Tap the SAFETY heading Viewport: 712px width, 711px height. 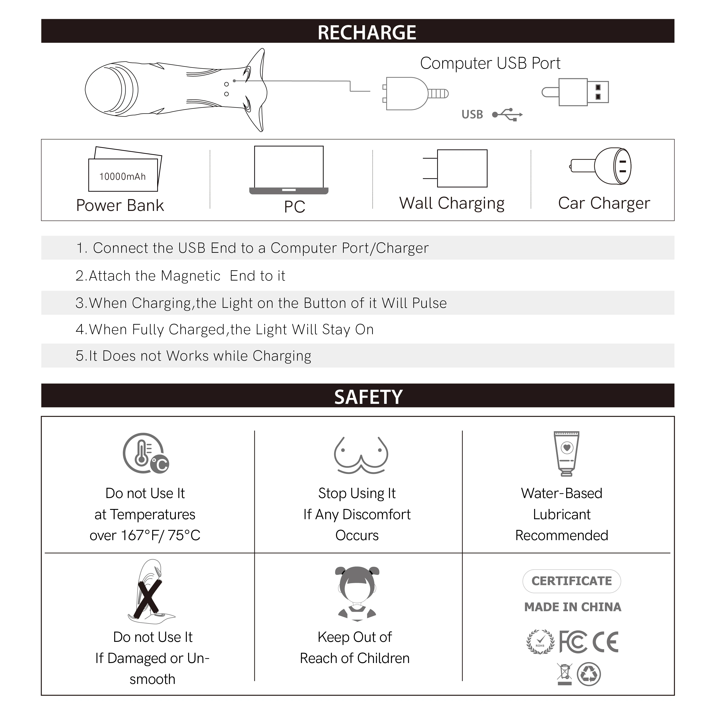[368, 397]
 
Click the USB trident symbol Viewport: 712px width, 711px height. [507, 115]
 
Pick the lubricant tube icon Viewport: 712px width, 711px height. [566, 453]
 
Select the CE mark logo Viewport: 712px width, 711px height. [605, 642]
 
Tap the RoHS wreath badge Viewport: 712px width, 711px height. [540, 642]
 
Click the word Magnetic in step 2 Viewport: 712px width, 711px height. [191, 276]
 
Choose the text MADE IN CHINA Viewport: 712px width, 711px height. [572, 607]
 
